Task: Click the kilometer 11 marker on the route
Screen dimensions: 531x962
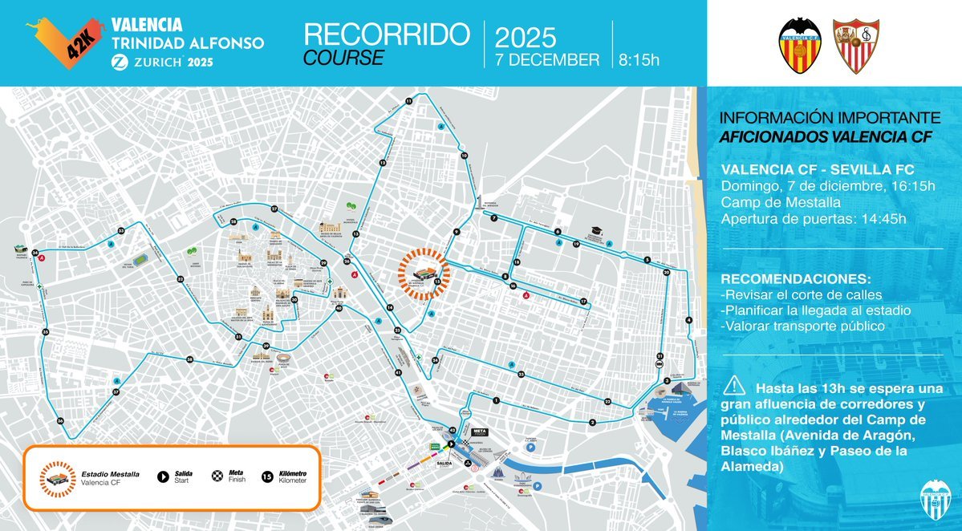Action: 408,100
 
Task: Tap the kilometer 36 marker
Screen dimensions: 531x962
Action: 60,421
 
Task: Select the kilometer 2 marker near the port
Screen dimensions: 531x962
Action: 592,422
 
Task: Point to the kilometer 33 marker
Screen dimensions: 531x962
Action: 121,231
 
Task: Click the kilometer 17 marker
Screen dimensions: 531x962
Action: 584,302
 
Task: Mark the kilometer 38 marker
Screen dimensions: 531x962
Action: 189,359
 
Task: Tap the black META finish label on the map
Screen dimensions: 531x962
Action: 481,432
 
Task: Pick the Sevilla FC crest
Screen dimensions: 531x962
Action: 856,46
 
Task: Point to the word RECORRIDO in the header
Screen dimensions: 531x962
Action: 386,34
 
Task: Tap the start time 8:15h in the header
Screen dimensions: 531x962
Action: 639,59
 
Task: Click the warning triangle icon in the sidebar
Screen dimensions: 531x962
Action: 733,385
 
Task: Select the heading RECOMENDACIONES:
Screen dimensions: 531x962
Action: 795,278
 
